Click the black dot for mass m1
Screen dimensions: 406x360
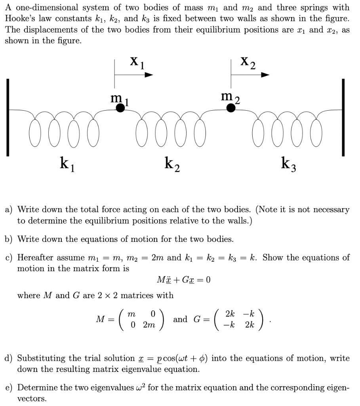[x=120, y=108]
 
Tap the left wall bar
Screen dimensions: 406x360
[x=8, y=118]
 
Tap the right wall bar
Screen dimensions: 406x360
[x=343, y=118]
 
